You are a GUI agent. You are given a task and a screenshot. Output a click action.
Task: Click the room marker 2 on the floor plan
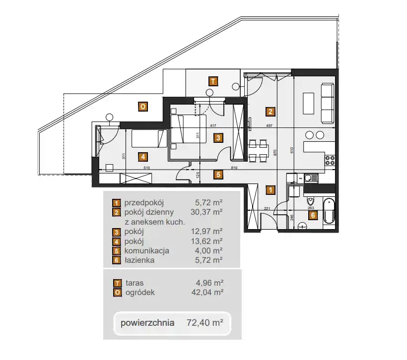[x=270, y=112]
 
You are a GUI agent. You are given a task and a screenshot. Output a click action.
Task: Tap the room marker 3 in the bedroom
[x=218, y=138]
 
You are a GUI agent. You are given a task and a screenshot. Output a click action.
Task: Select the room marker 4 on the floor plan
[x=143, y=157]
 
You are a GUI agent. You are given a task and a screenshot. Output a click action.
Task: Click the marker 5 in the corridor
[x=218, y=175]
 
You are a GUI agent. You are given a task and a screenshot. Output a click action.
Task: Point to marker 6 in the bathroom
[x=313, y=215]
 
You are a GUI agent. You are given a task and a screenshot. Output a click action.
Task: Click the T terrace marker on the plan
[x=213, y=81]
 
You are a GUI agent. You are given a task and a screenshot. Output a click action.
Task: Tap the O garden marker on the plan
[x=143, y=106]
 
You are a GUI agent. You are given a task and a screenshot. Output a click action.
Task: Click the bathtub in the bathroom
[x=329, y=211]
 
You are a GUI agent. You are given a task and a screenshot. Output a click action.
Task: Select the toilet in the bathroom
[x=310, y=201]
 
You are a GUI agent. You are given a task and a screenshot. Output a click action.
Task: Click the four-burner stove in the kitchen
[x=330, y=160]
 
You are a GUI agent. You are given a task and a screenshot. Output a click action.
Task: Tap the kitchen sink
[x=311, y=179]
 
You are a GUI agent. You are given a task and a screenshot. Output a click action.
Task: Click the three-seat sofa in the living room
[x=328, y=103]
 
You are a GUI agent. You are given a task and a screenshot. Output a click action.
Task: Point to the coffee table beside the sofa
[x=308, y=103]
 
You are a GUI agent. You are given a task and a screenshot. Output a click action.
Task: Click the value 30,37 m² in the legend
[x=206, y=212]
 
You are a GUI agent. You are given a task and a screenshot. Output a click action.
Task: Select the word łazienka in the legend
[x=139, y=260]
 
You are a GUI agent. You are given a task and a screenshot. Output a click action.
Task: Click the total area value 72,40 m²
[x=205, y=323]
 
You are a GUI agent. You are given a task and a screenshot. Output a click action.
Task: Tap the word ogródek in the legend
[x=140, y=293]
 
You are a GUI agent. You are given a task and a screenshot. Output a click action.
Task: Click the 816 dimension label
[x=234, y=168]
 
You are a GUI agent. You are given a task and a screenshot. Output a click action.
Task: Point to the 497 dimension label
[x=269, y=125]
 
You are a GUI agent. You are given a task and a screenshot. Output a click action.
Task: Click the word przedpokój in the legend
[x=144, y=203]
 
